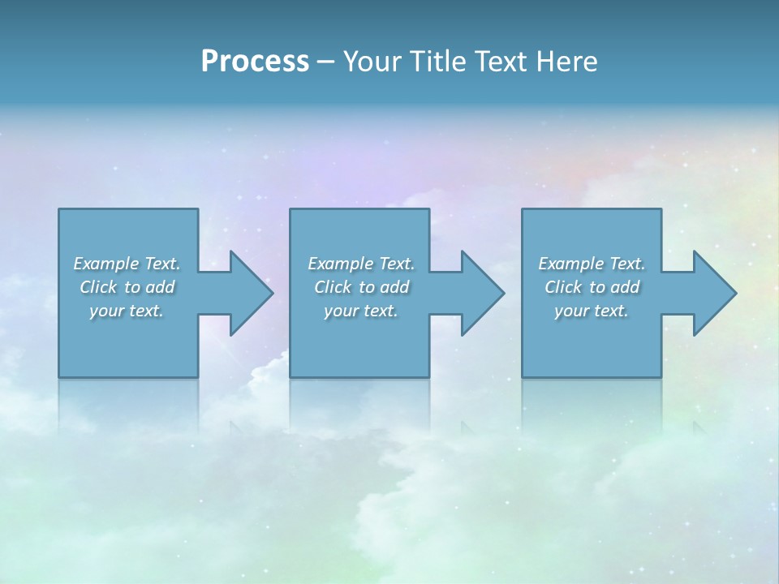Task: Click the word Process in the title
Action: (x=255, y=62)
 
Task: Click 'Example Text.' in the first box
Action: (x=127, y=264)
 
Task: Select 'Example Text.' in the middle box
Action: (x=361, y=264)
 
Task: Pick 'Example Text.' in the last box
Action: (x=592, y=264)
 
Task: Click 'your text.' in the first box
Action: (x=127, y=311)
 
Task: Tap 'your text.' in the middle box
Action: (x=361, y=311)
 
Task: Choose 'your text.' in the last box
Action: (x=592, y=311)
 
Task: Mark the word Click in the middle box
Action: (x=333, y=287)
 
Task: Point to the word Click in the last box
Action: (x=563, y=287)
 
